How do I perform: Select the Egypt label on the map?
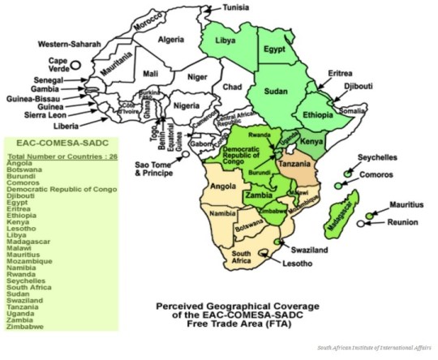(x=276, y=50)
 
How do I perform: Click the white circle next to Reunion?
(x=360, y=223)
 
